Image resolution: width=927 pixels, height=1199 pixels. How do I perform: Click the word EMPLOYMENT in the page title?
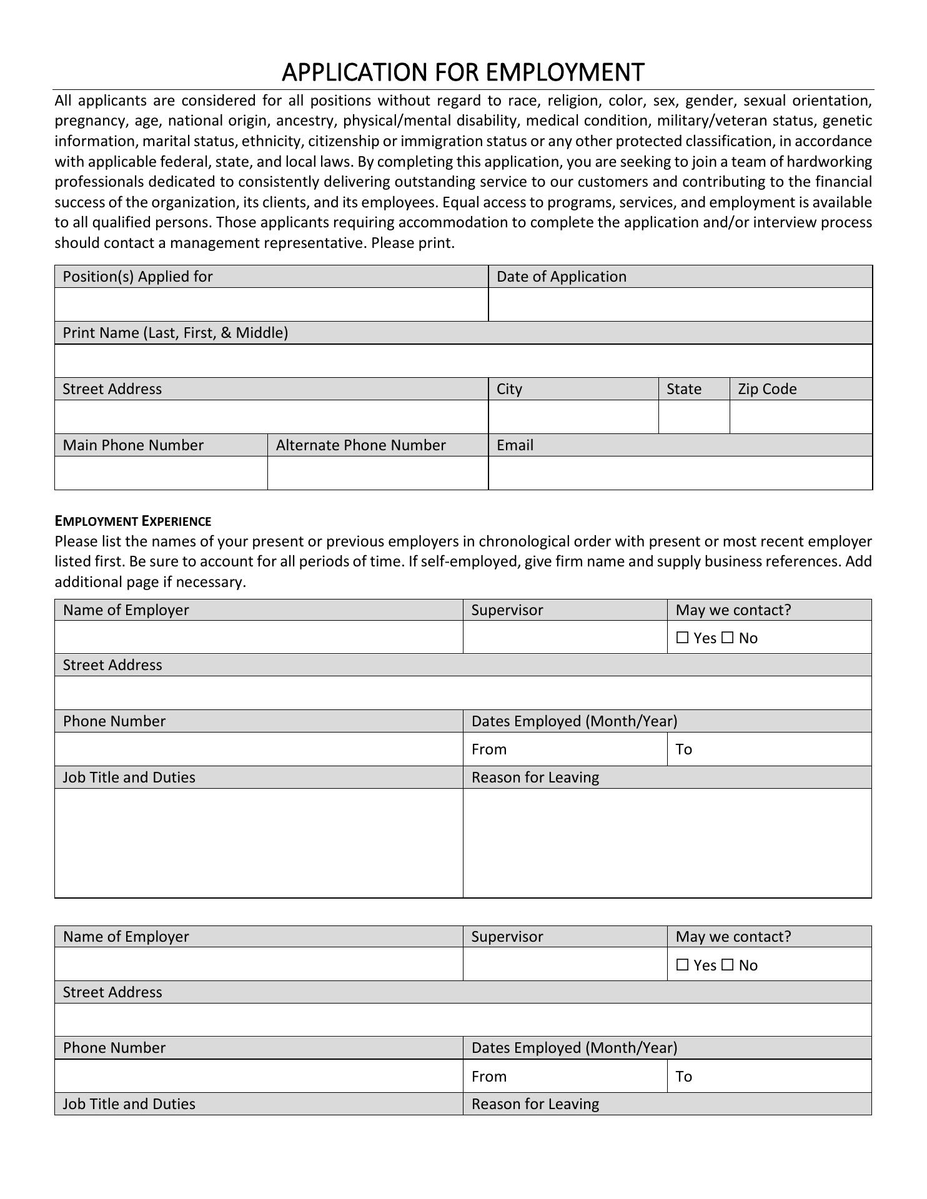[564, 72]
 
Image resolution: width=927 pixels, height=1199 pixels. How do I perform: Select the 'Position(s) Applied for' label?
[137, 277]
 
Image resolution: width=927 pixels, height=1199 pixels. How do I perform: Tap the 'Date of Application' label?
[561, 277]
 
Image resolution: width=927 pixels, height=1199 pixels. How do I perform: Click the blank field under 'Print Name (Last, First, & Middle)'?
[463, 361]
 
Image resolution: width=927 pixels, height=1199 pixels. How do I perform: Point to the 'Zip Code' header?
[767, 389]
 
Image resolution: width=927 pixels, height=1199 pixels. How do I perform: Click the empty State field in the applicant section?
[693, 417]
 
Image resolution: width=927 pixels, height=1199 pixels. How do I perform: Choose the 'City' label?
[509, 389]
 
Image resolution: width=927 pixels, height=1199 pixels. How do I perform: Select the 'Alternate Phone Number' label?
[360, 445]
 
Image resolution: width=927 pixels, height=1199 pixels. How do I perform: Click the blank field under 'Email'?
[680, 473]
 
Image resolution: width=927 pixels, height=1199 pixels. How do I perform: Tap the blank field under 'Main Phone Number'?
[161, 473]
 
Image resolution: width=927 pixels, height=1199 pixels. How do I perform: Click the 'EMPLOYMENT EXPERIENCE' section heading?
[133, 521]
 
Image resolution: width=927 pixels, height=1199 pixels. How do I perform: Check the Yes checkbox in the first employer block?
[682, 638]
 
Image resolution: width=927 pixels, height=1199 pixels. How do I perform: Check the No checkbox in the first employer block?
[727, 638]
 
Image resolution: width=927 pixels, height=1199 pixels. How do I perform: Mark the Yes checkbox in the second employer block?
[682, 965]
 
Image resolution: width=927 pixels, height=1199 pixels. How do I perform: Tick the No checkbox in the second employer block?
[727, 965]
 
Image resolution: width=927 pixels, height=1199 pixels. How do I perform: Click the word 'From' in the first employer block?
[488, 749]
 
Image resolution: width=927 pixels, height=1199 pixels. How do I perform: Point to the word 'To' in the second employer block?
[683, 1077]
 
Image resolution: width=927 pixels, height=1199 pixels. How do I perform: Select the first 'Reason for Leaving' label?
[535, 777]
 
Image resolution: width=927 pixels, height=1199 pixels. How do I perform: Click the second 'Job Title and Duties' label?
[129, 1104]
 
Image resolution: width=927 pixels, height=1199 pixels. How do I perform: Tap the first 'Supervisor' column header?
[507, 610]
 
